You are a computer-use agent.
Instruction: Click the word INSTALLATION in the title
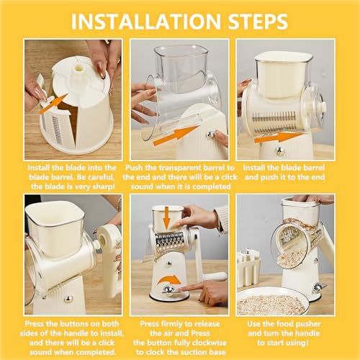click(145, 22)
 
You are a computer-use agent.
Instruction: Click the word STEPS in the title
click(258, 22)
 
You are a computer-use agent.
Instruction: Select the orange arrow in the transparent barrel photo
click(176, 135)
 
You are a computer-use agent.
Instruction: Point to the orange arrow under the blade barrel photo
click(278, 137)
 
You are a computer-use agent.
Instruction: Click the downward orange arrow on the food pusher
click(167, 220)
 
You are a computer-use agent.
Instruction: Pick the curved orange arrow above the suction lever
click(168, 280)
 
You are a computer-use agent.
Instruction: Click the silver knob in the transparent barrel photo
click(210, 135)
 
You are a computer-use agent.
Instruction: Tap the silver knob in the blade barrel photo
click(280, 151)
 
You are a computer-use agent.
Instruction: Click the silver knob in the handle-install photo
click(68, 299)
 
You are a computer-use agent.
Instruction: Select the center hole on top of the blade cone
click(79, 68)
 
